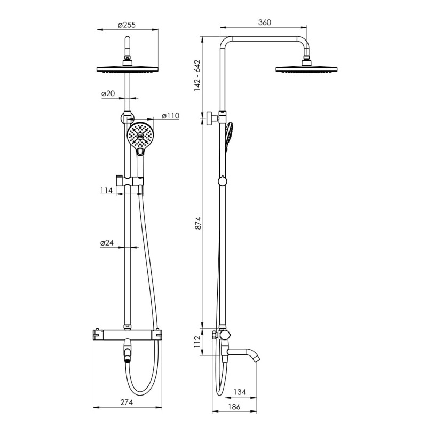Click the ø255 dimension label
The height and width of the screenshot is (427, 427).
[x=126, y=25]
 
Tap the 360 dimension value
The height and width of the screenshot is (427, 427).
[x=265, y=22]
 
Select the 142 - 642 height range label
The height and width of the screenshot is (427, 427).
[x=197, y=75]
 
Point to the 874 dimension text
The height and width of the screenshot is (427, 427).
[x=198, y=223]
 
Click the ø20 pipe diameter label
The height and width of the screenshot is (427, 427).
[x=108, y=94]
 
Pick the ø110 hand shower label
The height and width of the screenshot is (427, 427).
[x=171, y=116]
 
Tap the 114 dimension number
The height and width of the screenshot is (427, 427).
[x=106, y=191]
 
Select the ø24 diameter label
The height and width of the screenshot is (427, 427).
[x=107, y=243]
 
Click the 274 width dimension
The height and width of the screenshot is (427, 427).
[x=127, y=402]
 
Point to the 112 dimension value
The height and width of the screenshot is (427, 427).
[x=198, y=342]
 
